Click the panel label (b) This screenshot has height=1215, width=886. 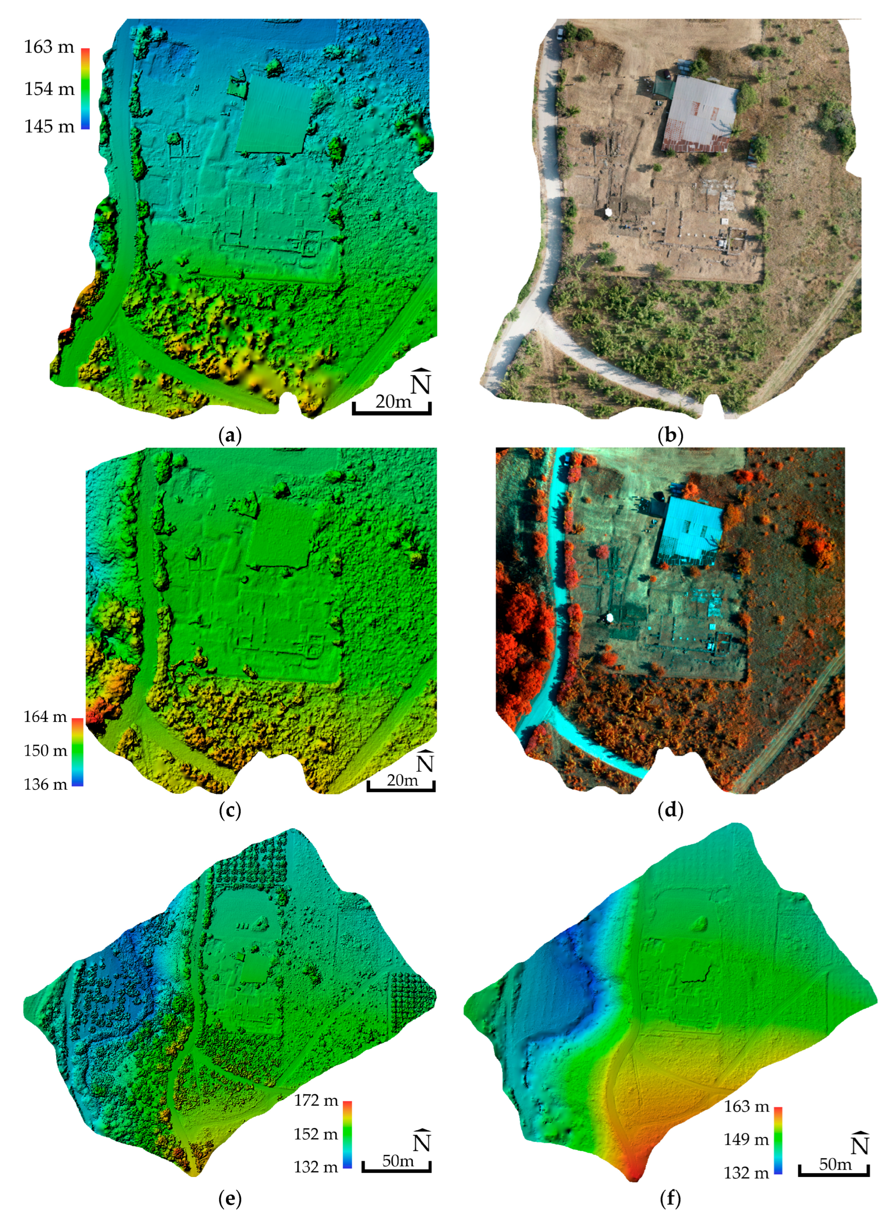670,435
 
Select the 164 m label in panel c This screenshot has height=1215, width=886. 45,717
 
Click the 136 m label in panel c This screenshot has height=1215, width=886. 45,784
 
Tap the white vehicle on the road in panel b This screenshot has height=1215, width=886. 559,33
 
